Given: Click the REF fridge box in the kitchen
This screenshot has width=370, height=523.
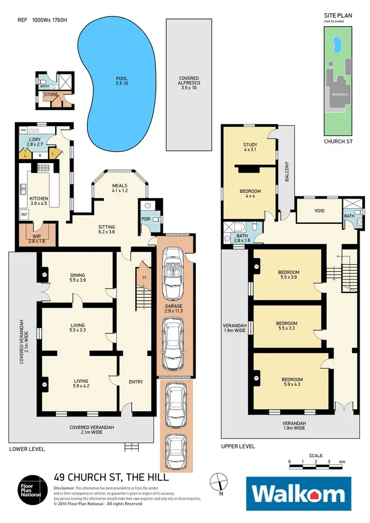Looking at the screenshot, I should coord(24,214).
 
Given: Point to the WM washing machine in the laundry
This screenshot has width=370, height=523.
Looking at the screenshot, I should coord(23,131).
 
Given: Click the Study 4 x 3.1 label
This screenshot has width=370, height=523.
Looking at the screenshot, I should coord(250,147).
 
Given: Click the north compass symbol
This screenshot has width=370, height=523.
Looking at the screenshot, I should coord(220,482).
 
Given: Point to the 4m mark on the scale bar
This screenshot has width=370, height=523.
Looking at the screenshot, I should coord(341,462).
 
